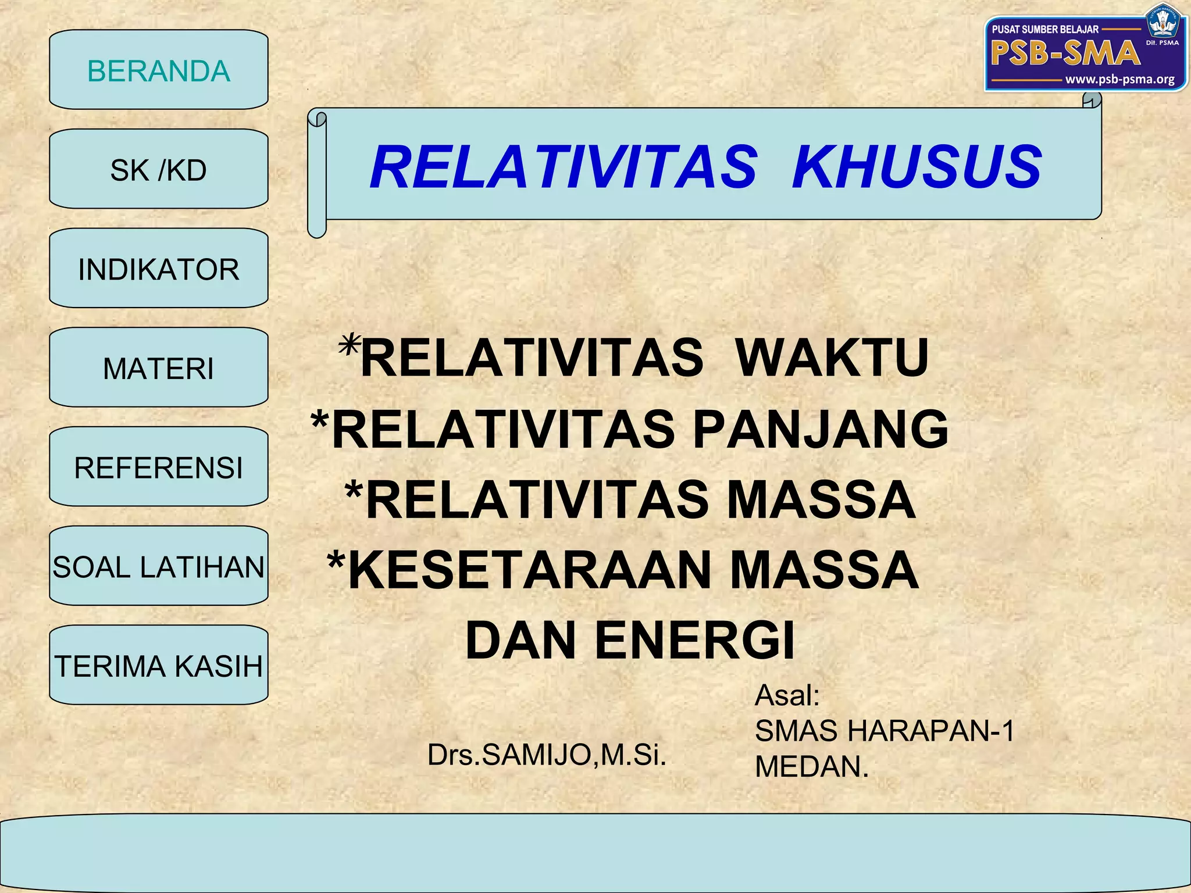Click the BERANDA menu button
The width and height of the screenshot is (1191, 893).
coord(158,70)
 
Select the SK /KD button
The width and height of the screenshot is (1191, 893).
coord(158,169)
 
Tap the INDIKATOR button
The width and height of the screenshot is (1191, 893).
coord(158,269)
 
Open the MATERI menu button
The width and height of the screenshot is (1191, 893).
coord(158,368)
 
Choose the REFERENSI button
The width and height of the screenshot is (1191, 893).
coord(158,467)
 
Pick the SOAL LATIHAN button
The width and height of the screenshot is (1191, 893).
coord(158,566)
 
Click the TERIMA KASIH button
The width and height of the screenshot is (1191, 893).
coord(158,666)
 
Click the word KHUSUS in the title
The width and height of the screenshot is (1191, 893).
coord(917,167)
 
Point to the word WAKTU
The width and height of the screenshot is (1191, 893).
coord(832,357)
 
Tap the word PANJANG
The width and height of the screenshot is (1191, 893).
coord(821,429)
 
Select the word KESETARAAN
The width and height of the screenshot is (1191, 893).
coord(529,570)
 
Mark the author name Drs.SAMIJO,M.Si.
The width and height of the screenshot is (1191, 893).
coord(546,755)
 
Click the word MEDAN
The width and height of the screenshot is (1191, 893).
coord(811,766)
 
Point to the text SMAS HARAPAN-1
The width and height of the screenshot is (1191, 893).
coord(884,730)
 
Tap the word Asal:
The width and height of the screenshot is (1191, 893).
coord(787,695)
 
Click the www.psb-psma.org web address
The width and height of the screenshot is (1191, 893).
coord(1119,79)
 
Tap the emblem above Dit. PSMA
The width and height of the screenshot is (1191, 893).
coord(1161,22)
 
